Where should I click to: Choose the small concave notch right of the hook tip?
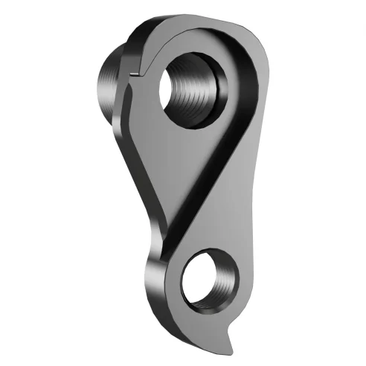tap(245, 332)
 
